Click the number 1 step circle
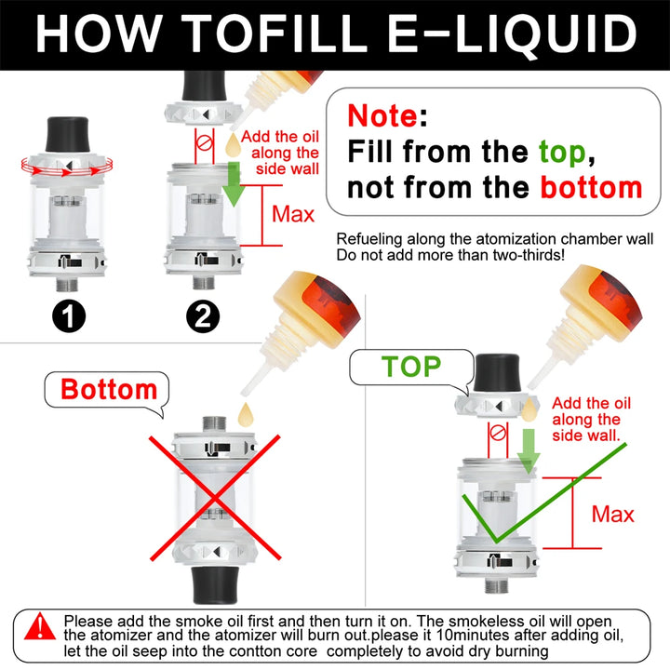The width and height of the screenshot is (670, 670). tap(68, 316)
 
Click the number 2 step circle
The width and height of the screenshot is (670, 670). tap(203, 316)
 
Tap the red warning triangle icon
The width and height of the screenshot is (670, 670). tap(40, 627)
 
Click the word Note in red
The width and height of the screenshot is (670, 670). tap(382, 115)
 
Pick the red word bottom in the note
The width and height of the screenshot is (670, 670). tap(592, 188)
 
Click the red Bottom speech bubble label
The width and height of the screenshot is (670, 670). tap(109, 389)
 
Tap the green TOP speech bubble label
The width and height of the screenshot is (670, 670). tap(411, 367)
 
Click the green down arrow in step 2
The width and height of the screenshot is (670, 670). tap(234, 183)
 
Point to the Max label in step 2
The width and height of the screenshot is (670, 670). tap(293, 214)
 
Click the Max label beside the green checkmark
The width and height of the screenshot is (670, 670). tap(612, 514)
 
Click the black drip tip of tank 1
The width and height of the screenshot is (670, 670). tap(68, 134)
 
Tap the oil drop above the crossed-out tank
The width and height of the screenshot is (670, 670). tap(246, 414)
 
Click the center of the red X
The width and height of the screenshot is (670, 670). tap(215, 498)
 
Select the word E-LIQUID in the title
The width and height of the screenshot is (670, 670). tap(512, 34)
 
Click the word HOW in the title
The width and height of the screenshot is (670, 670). tap(100, 33)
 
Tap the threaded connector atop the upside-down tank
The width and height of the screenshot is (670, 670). tap(214, 424)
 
